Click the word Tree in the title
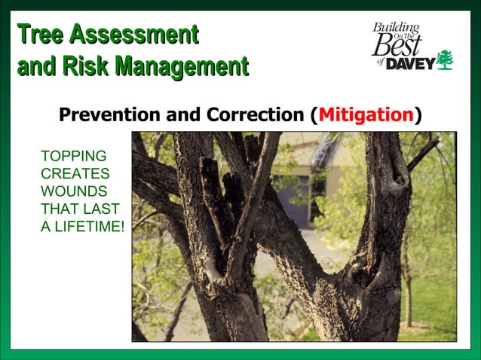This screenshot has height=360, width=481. tap(40, 35)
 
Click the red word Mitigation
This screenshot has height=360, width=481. tap(366, 115)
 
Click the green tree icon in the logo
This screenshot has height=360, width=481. tap(445, 59)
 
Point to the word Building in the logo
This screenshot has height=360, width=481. tap(394, 28)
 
